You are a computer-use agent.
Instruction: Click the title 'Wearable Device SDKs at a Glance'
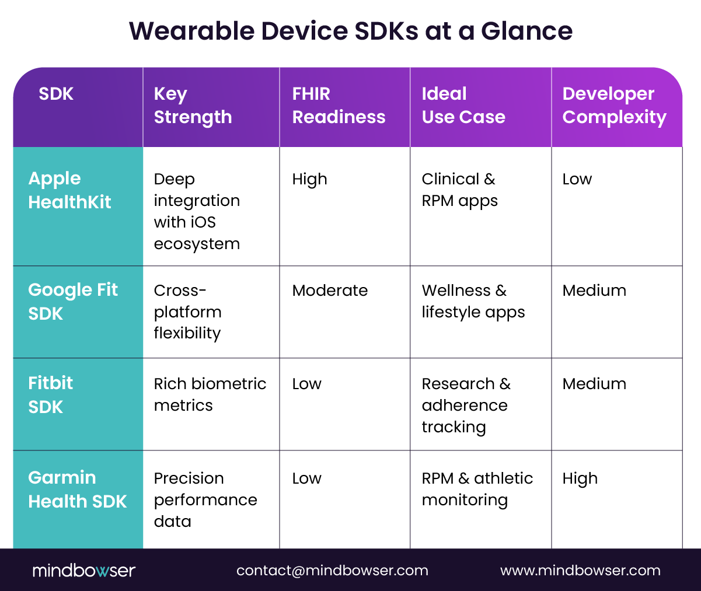(350, 31)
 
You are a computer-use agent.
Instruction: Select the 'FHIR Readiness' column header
(339, 106)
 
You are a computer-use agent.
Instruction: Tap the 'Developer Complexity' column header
(614, 106)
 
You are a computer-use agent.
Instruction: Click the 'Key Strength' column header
(193, 106)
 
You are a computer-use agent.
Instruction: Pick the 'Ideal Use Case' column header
(463, 106)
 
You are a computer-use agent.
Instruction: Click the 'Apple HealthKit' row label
(69, 190)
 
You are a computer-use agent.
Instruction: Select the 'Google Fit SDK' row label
(73, 302)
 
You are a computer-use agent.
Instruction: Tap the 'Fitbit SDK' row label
(51, 395)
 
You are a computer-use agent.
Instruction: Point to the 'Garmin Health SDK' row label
(77, 489)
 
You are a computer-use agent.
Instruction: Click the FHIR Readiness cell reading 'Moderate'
(330, 291)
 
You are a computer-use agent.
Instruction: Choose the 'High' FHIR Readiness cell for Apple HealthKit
(309, 180)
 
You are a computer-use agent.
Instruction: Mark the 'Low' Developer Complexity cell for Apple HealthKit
(577, 179)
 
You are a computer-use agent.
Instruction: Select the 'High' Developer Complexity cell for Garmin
(580, 479)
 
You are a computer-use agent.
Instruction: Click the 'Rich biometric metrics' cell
(210, 394)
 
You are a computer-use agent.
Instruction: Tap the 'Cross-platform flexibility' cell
(187, 312)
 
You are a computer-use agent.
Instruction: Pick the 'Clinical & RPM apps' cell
(459, 190)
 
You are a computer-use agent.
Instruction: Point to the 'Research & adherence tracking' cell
(466, 405)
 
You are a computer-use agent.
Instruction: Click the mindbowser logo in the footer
(83, 570)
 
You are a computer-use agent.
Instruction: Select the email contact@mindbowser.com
(332, 571)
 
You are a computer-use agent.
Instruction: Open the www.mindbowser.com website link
(580, 571)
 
